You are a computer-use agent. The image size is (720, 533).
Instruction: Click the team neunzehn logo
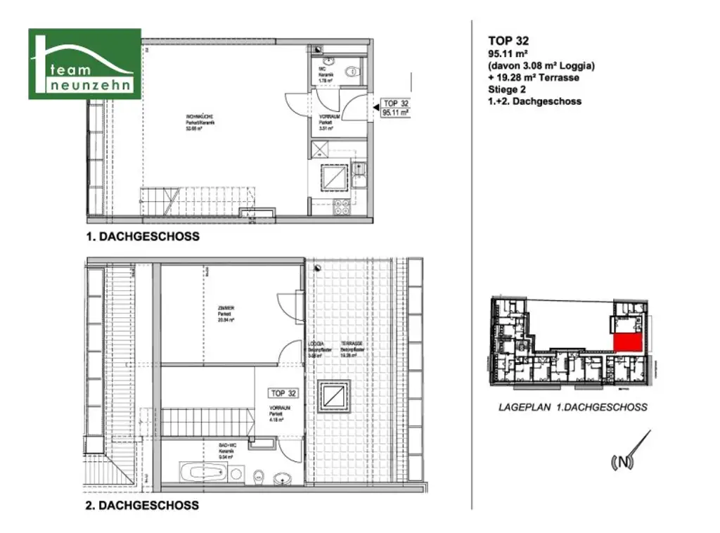(84, 64)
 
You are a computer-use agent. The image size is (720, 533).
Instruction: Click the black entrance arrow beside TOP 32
(373, 106)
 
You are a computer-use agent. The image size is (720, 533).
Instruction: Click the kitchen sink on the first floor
(359, 169)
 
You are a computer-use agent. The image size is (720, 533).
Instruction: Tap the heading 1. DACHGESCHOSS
(142, 237)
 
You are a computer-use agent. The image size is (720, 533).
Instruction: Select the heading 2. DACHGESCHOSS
(142, 505)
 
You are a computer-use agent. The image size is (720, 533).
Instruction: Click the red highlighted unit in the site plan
(628, 343)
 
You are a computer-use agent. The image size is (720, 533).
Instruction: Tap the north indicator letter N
(623, 462)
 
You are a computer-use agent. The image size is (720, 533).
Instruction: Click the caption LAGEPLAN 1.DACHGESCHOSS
(572, 407)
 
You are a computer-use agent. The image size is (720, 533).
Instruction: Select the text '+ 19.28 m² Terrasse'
(534, 77)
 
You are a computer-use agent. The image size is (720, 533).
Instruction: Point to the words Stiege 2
(508, 89)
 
